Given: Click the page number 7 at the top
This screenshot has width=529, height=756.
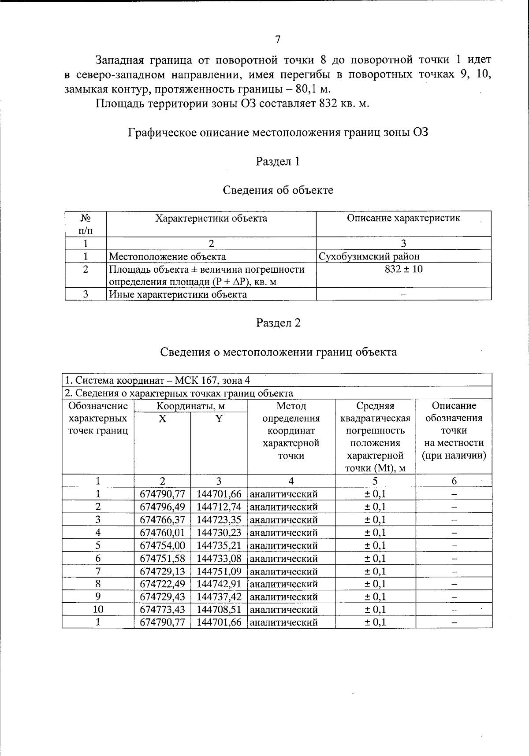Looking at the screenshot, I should click(x=278, y=40).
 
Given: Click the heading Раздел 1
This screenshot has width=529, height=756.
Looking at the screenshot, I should click(x=278, y=162).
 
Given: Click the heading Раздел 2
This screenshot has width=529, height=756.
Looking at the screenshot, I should click(x=278, y=323).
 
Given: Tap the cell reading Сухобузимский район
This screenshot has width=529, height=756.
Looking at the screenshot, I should click(x=369, y=256).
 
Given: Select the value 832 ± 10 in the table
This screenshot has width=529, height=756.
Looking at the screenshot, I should click(x=403, y=269).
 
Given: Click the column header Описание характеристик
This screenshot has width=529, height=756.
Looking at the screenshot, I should click(x=403, y=218).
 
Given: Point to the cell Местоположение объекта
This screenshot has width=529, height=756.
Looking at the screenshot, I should click(x=168, y=256).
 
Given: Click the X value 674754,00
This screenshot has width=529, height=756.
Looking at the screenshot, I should click(x=162, y=545).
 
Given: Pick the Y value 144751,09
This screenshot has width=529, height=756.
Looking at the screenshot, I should click(x=219, y=571).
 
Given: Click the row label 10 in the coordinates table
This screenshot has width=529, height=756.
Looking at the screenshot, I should click(x=98, y=610).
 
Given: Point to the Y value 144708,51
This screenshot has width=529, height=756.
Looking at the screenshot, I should click(x=219, y=610).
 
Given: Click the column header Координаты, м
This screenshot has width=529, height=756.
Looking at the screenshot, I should click(x=190, y=406).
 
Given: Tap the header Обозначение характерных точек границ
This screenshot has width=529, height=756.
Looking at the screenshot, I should click(x=98, y=418).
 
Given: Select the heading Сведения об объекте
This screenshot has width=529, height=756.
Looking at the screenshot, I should click(x=278, y=190).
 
